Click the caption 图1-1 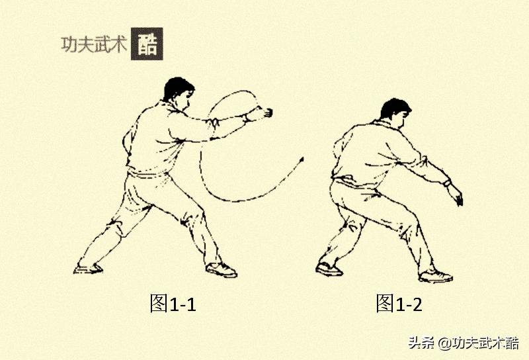[x=173, y=304]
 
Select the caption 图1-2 [x=399, y=304]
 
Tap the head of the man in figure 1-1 [x=179, y=95]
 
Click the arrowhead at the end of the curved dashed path [x=302, y=159]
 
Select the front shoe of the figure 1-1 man [x=222, y=269]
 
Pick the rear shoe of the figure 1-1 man [x=88, y=268]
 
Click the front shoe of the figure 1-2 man [x=436, y=275]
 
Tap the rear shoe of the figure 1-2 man [x=329, y=269]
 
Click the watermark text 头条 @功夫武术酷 [x=463, y=343]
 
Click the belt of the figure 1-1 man [x=149, y=173]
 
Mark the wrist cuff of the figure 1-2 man [x=447, y=181]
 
